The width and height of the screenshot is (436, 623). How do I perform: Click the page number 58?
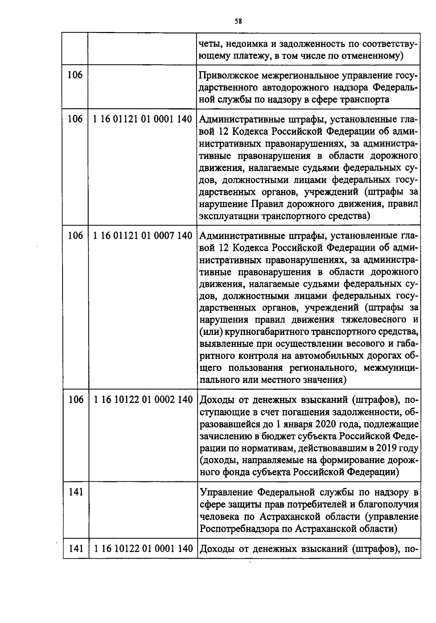coord(238,21)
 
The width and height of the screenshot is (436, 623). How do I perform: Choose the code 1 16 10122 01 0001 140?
coord(143,549)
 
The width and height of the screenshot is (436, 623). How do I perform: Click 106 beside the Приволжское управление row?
coord(75,75)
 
